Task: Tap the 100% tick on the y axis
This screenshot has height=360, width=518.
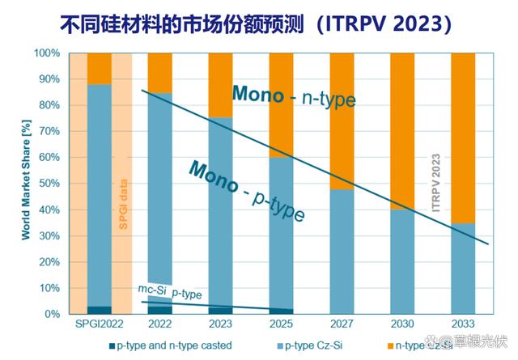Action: click(x=47, y=53)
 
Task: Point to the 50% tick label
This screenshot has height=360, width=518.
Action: click(x=49, y=184)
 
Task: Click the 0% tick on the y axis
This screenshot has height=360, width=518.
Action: click(x=52, y=314)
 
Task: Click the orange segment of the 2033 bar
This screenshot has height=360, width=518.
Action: click(x=462, y=138)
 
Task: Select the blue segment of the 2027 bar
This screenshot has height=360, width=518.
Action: click(x=341, y=251)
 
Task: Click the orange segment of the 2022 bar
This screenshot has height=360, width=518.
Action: click(x=159, y=71)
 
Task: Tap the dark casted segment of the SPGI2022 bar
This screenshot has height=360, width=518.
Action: click(x=99, y=310)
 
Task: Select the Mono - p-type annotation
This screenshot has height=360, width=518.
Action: click(x=247, y=191)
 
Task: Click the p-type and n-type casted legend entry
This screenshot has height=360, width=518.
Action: click(x=171, y=345)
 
